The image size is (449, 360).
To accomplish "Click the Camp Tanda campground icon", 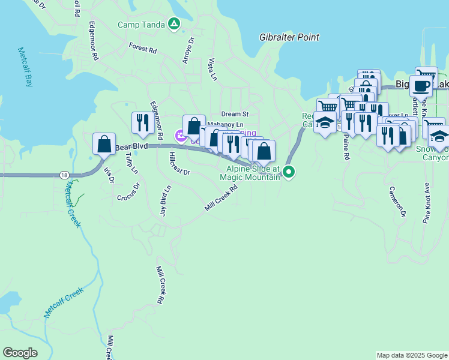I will coord(173,24).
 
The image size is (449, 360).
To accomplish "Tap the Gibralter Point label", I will coord(289,37).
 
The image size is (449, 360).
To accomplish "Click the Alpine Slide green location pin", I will coord(289,172).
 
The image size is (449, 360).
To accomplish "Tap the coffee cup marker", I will coord(421,86).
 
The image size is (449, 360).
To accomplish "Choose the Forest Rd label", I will coord(142,47).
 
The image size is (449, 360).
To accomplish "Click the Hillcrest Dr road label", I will coord(179,163).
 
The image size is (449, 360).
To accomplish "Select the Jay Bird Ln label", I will coord(165,200).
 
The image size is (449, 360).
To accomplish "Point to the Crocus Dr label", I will coord(128,191).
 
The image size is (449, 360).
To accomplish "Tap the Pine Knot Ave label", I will coord(427,203).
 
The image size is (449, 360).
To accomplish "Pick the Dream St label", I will coord(234,113).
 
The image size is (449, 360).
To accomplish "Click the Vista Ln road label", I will coord(211,69).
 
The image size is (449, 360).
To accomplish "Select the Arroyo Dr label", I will coord(188,51).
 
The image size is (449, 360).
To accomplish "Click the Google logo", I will coord(20,353).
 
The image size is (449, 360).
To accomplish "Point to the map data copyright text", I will coord(412,355).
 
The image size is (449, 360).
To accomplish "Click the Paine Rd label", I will coord(346,146).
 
